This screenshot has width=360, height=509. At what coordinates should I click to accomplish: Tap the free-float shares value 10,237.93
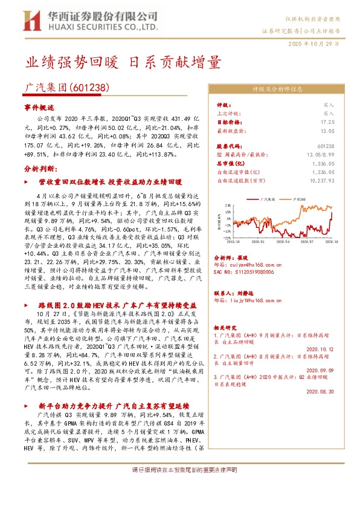coord(321,180)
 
